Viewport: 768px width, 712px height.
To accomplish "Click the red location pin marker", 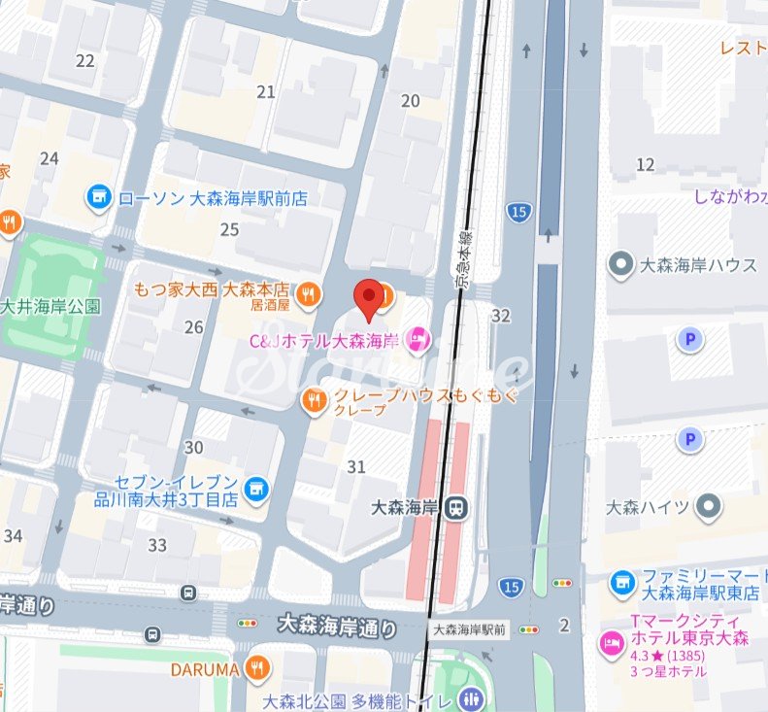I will pos(369,296).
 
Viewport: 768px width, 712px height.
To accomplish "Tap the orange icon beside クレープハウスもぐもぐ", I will pos(314,400).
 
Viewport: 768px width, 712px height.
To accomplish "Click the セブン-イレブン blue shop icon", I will pos(256,490).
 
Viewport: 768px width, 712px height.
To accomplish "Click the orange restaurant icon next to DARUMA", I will pos(257,668).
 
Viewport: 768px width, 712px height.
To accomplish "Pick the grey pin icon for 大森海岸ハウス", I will pos(618,263).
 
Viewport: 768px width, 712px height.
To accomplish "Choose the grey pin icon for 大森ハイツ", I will pos(710,506).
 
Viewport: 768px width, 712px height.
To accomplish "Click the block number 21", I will pos(265,92).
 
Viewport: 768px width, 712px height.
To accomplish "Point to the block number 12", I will pos(645,165).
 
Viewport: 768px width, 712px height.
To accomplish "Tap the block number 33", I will pos(157,545).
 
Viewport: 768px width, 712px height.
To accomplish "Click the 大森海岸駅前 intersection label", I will pos(469,629).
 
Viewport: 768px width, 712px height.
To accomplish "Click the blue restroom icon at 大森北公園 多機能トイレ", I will pos(472,699).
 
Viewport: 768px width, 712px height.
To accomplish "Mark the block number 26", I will pos(193,327).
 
